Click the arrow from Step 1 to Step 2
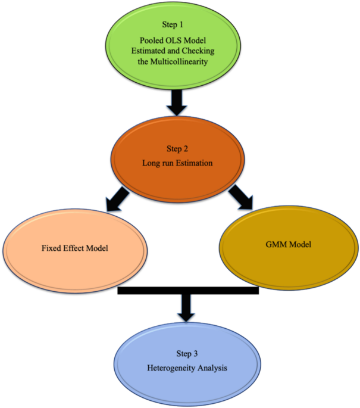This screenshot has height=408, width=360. point(177,102)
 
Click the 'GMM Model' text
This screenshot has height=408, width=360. point(288,245)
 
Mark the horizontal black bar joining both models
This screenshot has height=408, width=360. point(188,291)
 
